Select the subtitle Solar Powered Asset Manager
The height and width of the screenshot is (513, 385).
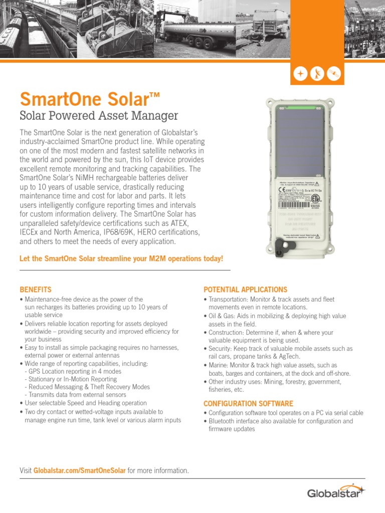coord(98,116)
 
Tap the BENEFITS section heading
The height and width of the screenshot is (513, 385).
coord(35,290)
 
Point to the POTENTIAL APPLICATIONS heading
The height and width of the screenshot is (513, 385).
coord(245,290)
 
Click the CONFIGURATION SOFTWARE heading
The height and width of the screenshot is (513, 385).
coord(248,403)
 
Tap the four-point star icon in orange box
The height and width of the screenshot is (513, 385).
coord(300,74)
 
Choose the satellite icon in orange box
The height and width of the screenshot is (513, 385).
coord(333,74)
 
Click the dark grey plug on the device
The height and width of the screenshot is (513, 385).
coord(283,245)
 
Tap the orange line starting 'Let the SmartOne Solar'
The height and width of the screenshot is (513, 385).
coord(121,258)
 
